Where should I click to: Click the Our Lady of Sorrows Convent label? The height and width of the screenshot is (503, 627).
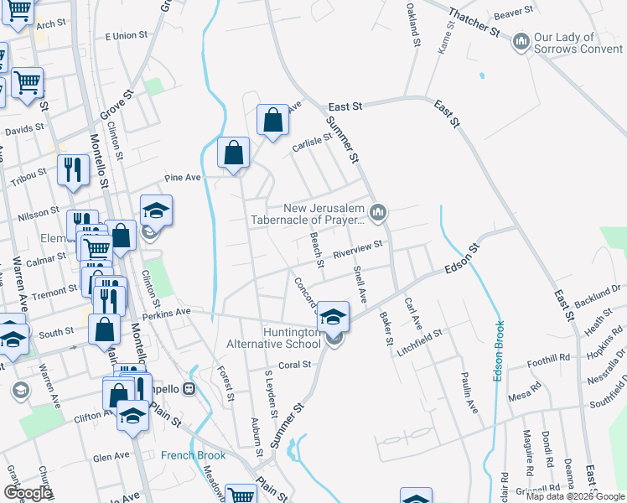577,43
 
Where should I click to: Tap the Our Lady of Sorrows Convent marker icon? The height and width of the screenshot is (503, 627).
521,40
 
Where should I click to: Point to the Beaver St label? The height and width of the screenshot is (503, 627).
514,12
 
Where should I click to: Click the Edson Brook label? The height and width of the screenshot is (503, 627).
498,351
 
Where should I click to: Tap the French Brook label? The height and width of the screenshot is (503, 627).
194,455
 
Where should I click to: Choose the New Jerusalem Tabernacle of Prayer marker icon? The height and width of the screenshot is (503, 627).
379,214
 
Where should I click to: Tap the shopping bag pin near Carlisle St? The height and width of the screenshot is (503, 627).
272,120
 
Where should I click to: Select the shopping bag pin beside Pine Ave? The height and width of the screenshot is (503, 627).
234,153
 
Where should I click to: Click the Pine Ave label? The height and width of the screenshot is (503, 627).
183,178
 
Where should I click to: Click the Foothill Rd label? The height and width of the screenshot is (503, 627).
550,364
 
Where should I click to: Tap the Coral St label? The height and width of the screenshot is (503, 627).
294,365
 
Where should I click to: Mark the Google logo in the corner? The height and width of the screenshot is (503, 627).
28,493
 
